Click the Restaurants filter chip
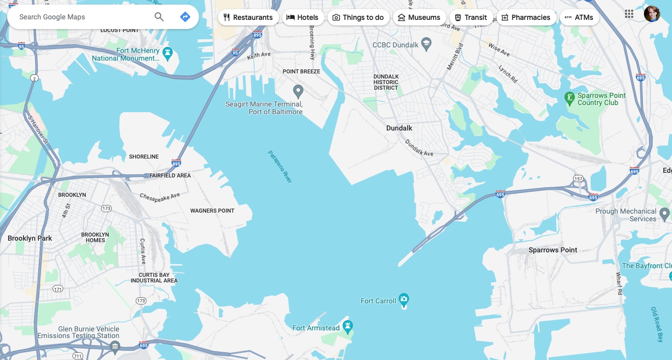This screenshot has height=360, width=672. pyautogui.click(x=248, y=17)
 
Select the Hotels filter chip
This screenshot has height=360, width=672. pyautogui.click(x=302, y=17)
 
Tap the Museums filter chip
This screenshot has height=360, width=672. pyautogui.click(x=419, y=17)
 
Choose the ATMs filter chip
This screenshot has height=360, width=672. pyautogui.click(x=579, y=17)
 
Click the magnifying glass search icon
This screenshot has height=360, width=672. pyautogui.click(x=159, y=17)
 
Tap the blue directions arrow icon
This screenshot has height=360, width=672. pyautogui.click(x=185, y=17)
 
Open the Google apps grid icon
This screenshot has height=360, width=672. pyautogui.click(x=629, y=14)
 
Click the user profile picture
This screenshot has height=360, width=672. pyautogui.click(x=652, y=14)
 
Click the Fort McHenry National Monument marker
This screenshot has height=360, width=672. pyautogui.click(x=167, y=52)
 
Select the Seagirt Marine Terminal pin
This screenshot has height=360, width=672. pyautogui.click(x=298, y=92)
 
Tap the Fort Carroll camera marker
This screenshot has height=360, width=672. pyautogui.click(x=404, y=299)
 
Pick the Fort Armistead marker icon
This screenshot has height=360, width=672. pyautogui.click(x=348, y=326)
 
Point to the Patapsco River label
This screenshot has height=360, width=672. pyautogui.click(x=280, y=167)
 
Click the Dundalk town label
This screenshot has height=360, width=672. pyautogui.click(x=399, y=128)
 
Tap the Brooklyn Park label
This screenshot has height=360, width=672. pyautogui.click(x=30, y=238)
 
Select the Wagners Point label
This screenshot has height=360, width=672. pyautogui.click(x=212, y=211)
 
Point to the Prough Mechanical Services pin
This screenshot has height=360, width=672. pyautogui.click(x=664, y=213)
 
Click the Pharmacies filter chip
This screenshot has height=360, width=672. pyautogui.click(x=526, y=17)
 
